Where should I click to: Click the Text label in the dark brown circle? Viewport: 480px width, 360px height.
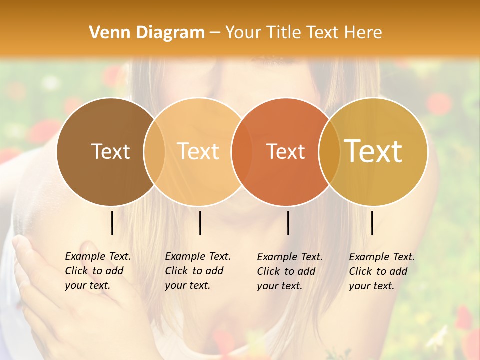110,151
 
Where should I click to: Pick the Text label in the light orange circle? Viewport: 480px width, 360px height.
198,151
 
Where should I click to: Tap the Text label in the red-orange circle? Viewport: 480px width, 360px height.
285,151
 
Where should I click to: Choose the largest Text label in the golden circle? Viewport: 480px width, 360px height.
373,151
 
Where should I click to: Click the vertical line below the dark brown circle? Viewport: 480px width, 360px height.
112,223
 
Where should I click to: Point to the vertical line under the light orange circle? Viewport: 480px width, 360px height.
200,223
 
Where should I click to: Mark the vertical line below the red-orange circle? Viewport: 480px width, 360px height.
288,223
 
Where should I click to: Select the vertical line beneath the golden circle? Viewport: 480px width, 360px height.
372,223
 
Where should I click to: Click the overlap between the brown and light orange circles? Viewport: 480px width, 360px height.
154,151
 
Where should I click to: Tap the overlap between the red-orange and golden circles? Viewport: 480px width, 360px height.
329,151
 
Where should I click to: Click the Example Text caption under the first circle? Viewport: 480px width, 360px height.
98,271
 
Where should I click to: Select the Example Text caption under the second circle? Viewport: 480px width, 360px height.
198,271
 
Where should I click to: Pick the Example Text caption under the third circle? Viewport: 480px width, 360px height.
290,271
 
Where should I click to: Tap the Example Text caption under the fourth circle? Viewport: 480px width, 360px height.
382,271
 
